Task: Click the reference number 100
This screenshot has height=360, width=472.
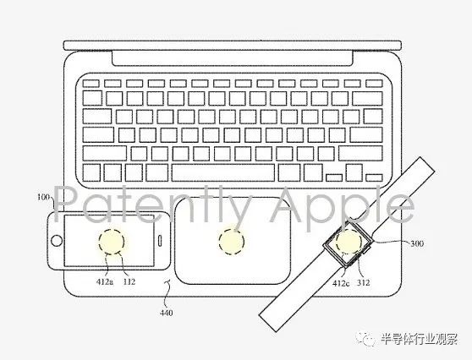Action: (x=43, y=197)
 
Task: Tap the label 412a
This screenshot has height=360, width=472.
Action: (x=105, y=282)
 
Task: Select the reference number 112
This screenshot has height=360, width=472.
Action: (x=129, y=282)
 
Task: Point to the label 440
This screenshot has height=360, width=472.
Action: (x=166, y=313)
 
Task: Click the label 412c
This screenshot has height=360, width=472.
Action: (x=341, y=283)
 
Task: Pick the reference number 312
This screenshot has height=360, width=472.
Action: (x=363, y=283)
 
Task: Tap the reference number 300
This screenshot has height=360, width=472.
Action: (x=417, y=243)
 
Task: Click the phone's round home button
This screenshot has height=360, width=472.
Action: (x=57, y=241)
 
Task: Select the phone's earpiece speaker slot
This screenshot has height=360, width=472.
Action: (x=160, y=241)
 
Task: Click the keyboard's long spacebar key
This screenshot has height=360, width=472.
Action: (x=222, y=172)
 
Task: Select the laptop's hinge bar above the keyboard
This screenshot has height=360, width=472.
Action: (x=232, y=58)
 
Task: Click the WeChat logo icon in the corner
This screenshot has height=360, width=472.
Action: (x=365, y=338)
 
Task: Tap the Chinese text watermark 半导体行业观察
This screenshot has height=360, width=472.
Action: (x=419, y=338)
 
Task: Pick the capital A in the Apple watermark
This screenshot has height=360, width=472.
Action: (x=284, y=204)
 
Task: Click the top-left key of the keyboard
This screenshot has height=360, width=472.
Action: (x=91, y=84)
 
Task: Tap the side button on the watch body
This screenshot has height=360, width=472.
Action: (x=366, y=250)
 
